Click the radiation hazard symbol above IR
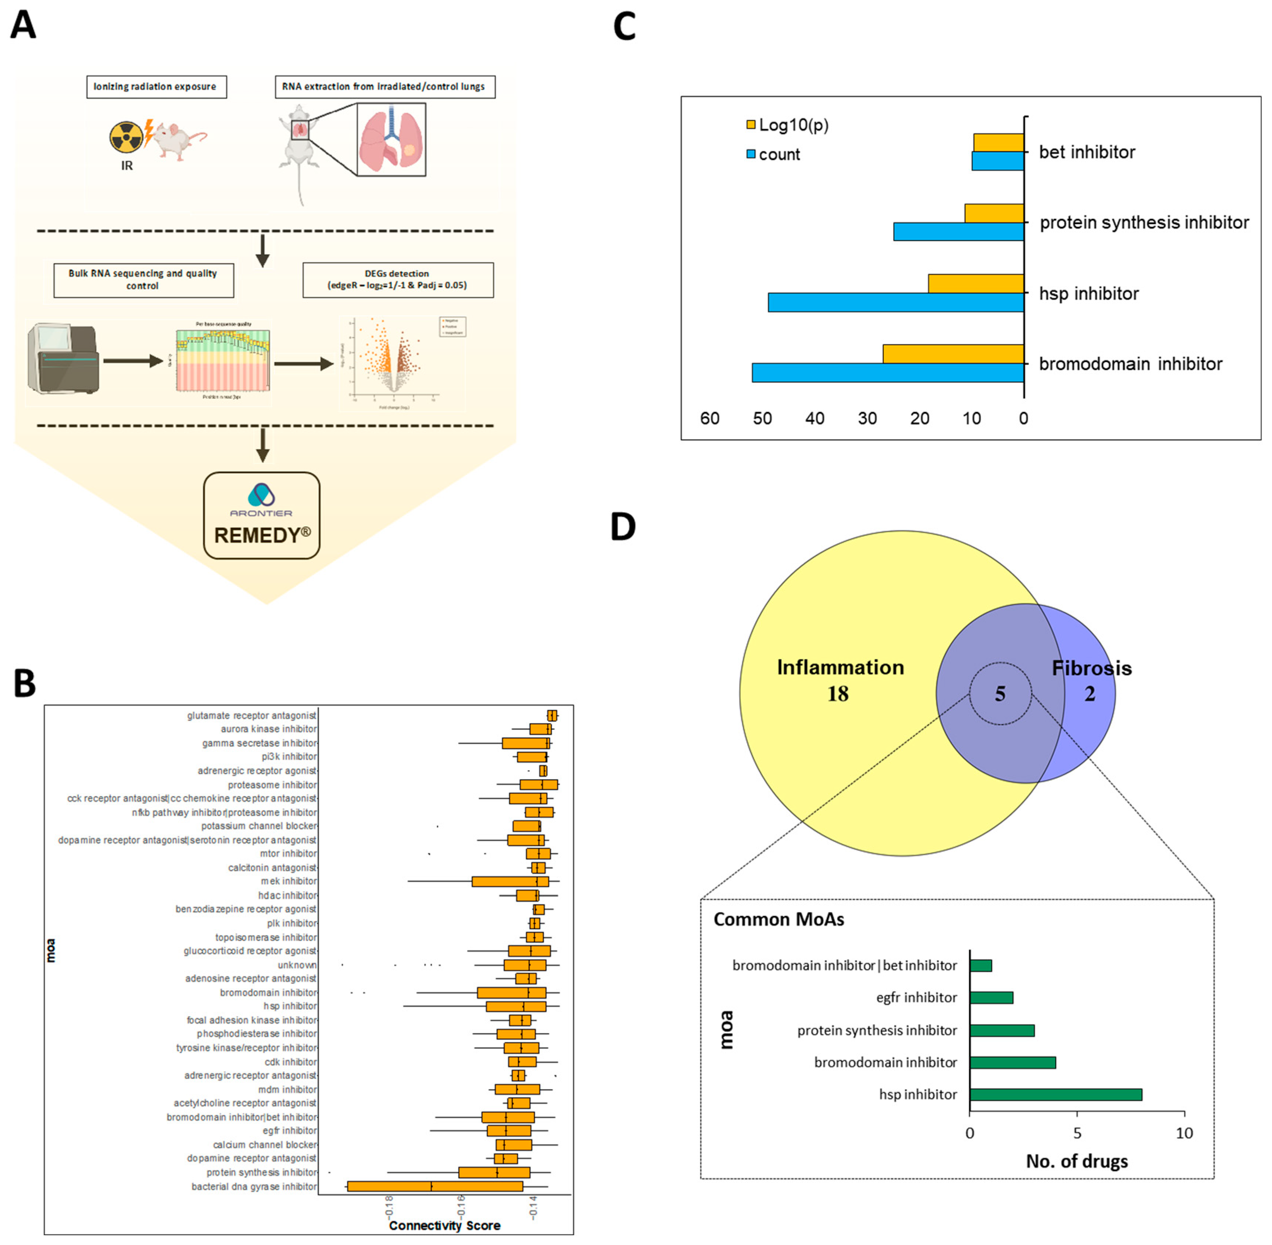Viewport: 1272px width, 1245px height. (126, 137)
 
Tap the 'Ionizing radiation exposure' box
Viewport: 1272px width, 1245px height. (156, 86)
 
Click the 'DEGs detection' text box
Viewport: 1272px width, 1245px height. (398, 279)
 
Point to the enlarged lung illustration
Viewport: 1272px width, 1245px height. (391, 139)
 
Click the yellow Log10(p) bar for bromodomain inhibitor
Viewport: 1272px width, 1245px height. (953, 354)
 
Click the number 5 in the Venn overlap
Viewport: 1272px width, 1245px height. (999, 694)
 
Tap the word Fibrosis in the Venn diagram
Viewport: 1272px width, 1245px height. (1091, 668)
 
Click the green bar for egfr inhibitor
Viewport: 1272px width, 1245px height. (991, 998)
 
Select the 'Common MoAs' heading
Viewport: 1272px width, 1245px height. (779, 919)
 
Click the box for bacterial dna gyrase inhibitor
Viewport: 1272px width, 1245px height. (435, 1186)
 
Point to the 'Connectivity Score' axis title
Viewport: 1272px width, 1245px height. (444, 1225)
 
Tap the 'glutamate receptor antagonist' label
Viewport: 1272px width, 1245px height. (252, 715)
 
